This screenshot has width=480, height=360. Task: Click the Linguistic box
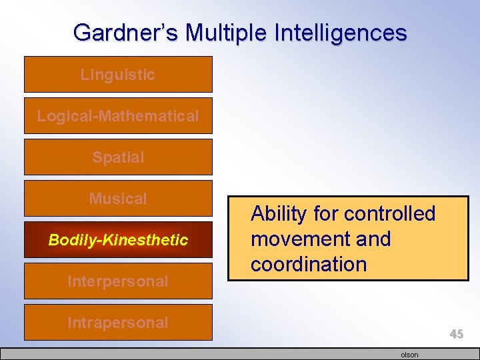(x=118, y=75)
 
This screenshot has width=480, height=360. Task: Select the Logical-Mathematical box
(x=118, y=116)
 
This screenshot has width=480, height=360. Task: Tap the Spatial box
(x=118, y=157)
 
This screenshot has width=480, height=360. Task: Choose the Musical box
(x=118, y=199)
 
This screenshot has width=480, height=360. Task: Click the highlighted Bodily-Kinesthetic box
(x=118, y=240)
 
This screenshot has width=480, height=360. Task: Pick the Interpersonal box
(x=118, y=281)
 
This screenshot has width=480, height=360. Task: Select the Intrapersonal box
(x=118, y=323)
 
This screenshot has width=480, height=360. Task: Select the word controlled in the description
(x=389, y=214)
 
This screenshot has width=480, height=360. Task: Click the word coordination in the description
(x=309, y=265)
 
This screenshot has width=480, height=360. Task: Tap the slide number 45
(x=456, y=334)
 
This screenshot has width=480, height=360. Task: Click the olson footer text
(x=409, y=355)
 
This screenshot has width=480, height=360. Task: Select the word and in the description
(x=371, y=239)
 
